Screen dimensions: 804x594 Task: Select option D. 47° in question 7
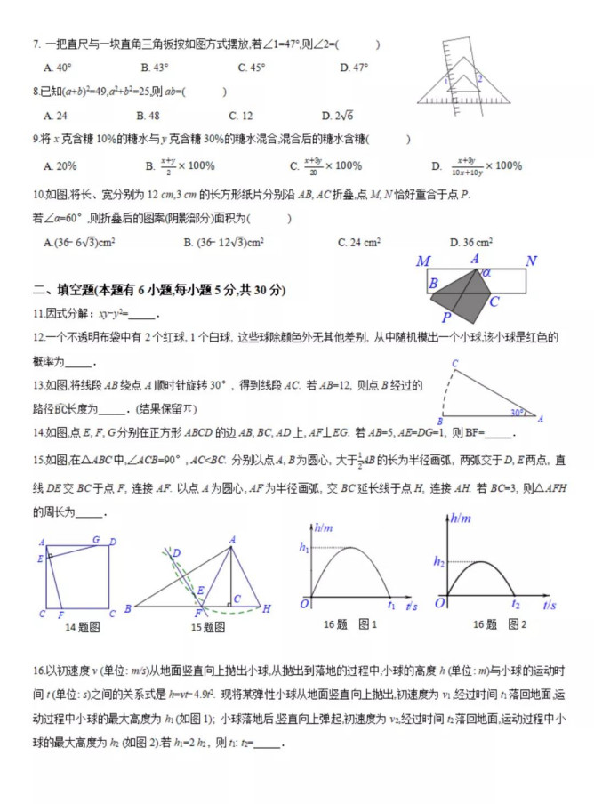354,68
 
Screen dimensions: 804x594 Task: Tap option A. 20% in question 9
60,165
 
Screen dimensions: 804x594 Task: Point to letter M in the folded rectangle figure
423,261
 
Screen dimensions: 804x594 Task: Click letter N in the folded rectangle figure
531,261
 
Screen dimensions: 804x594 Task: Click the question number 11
38,313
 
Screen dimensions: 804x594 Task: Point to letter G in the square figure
96,539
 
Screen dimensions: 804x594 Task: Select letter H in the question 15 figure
266,608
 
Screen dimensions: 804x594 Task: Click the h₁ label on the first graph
303,548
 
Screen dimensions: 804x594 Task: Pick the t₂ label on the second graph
515,605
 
